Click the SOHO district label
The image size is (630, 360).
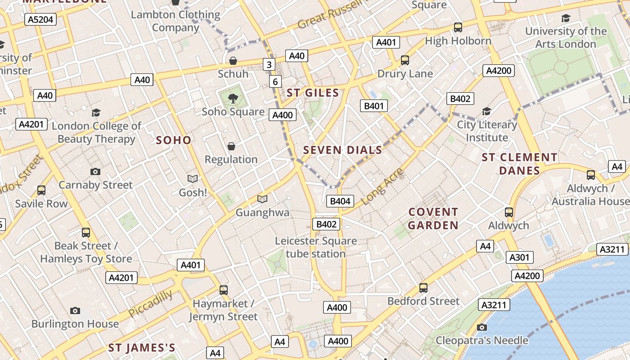[x=174, y=140]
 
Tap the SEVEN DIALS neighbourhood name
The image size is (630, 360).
[x=343, y=150]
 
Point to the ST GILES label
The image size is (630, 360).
[x=313, y=93]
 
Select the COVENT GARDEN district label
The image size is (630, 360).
[x=433, y=219]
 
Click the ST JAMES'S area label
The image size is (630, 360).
[x=142, y=348]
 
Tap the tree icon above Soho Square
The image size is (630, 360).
[x=233, y=98]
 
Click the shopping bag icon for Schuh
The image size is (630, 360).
[x=233, y=61]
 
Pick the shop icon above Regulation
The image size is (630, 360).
[x=231, y=146]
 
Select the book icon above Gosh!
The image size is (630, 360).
[x=193, y=179]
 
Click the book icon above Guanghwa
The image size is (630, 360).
[x=262, y=199]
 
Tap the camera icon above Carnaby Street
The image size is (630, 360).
[x=95, y=171]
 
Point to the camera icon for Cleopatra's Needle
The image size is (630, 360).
[x=482, y=327]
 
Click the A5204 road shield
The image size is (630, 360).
[x=40, y=19]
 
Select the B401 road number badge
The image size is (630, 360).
[x=374, y=106]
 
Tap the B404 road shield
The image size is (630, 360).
[x=340, y=201]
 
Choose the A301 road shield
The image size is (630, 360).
[x=520, y=257]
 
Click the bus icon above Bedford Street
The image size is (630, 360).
[x=423, y=288]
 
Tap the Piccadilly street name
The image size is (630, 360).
[x=150, y=304]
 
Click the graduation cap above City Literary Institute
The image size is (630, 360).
[x=486, y=111]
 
